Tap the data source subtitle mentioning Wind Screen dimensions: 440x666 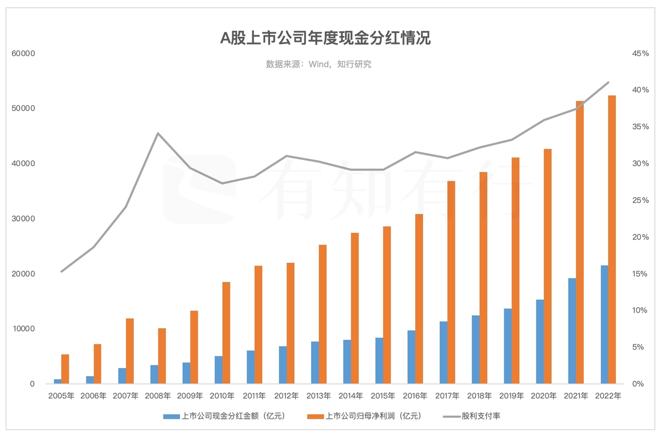click(318, 64)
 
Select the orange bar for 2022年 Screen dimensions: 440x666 click(612, 239)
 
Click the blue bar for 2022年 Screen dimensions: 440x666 click(604, 325)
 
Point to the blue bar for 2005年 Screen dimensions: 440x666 click(57, 381)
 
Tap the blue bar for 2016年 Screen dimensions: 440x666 click(411, 357)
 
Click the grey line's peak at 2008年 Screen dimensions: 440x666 click(158, 134)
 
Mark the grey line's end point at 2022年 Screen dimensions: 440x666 click(608, 82)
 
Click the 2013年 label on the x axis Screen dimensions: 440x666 click(318, 396)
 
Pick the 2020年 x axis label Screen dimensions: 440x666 click(544, 396)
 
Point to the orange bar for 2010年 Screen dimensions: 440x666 click(226, 333)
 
